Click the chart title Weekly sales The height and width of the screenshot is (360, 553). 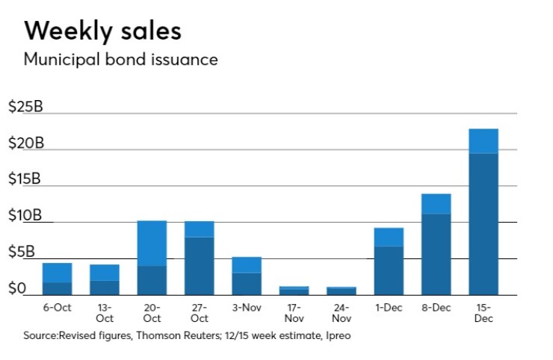click(103, 31)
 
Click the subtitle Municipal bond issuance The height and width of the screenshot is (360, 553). click(121, 60)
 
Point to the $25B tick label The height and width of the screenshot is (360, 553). click(25, 107)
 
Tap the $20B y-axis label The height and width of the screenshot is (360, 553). click(25, 143)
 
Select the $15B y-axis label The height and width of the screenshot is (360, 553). click(25, 180)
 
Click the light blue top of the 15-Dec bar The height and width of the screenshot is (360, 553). click(484, 141)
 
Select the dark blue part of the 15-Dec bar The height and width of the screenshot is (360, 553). click(484, 224)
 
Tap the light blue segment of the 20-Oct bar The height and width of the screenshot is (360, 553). click(152, 243)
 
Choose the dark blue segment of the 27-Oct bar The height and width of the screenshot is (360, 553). click(200, 266)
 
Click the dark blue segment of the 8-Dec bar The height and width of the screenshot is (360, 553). click(436, 254)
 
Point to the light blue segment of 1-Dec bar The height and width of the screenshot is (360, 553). click(389, 238)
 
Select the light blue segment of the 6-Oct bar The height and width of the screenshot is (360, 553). click(57, 273)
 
